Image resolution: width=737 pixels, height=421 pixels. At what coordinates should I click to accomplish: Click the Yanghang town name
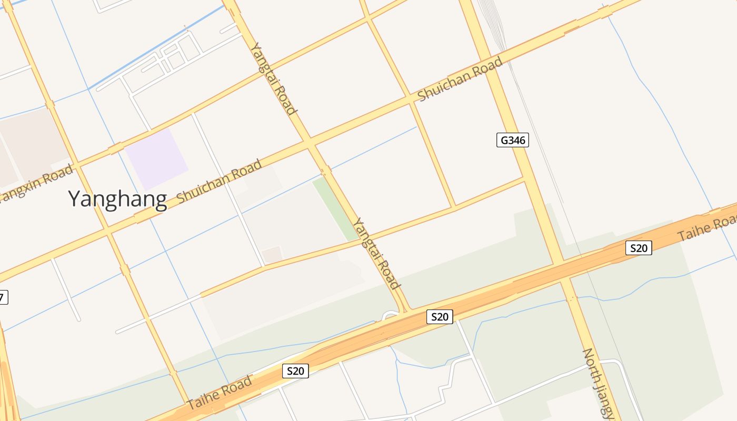(x=117, y=199)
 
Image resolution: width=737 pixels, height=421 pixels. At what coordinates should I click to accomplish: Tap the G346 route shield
(x=512, y=140)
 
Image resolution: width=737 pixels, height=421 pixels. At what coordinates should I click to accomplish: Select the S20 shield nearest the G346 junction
(x=639, y=248)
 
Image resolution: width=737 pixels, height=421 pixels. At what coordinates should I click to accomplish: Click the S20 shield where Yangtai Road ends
(x=439, y=317)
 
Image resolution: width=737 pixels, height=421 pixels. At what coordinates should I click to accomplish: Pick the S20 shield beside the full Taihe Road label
(x=295, y=371)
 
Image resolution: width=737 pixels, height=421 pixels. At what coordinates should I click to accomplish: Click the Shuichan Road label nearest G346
(x=460, y=79)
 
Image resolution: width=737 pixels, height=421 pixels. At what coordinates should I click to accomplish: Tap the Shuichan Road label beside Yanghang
(x=219, y=182)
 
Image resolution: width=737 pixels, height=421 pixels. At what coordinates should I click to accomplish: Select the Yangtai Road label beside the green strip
(x=376, y=253)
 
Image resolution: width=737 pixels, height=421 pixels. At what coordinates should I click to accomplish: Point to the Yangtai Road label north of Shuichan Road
(x=273, y=78)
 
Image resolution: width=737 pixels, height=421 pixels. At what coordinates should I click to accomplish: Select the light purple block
(x=157, y=159)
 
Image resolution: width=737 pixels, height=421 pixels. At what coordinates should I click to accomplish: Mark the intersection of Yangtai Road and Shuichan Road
(x=310, y=144)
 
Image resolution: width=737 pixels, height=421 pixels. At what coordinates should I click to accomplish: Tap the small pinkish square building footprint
(x=272, y=255)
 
